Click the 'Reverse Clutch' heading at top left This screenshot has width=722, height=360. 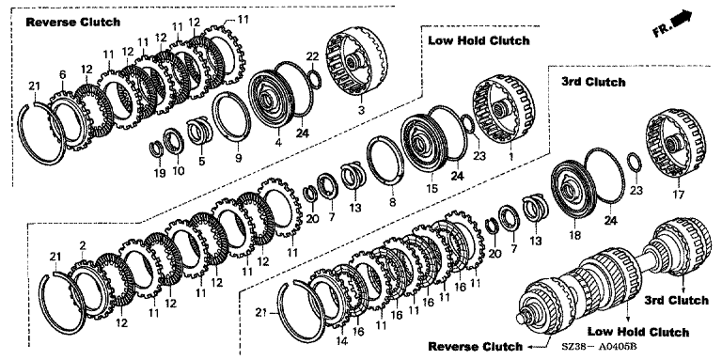72,23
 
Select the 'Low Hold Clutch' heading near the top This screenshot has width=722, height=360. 479,40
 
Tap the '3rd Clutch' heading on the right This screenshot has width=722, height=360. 593,83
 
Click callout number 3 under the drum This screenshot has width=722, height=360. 361,111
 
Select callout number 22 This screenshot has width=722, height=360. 313,55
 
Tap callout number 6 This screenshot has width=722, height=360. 63,74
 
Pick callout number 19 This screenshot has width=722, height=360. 159,173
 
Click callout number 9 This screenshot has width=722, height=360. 238,159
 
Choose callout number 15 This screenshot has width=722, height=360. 432,188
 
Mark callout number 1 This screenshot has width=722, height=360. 510,157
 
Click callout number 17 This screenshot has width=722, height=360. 678,195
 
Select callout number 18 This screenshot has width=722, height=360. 574,236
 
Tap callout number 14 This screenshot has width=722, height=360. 341,341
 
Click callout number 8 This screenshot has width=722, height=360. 392,201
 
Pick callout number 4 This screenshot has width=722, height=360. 278,143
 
